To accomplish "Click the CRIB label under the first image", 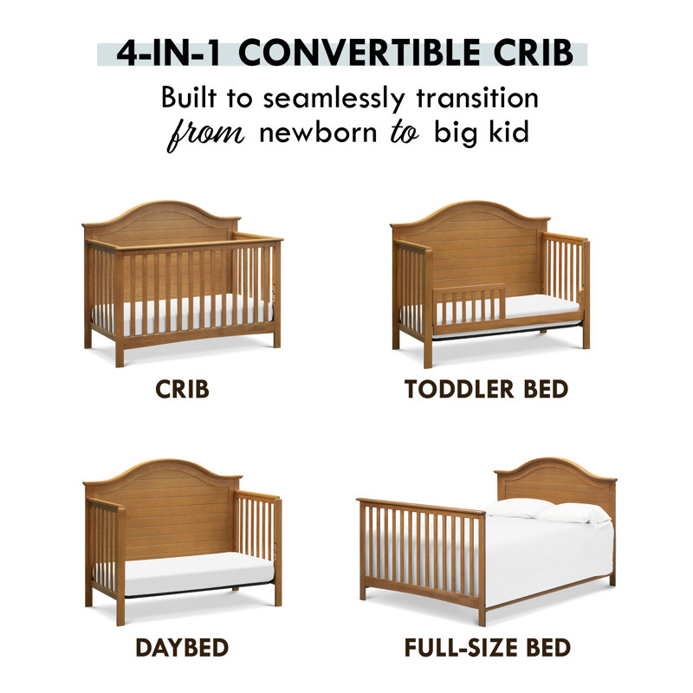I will coord(182,389).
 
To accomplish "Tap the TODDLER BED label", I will coord(486,389).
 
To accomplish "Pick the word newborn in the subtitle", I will coord(308,135).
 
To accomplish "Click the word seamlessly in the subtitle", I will coord(331,97).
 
